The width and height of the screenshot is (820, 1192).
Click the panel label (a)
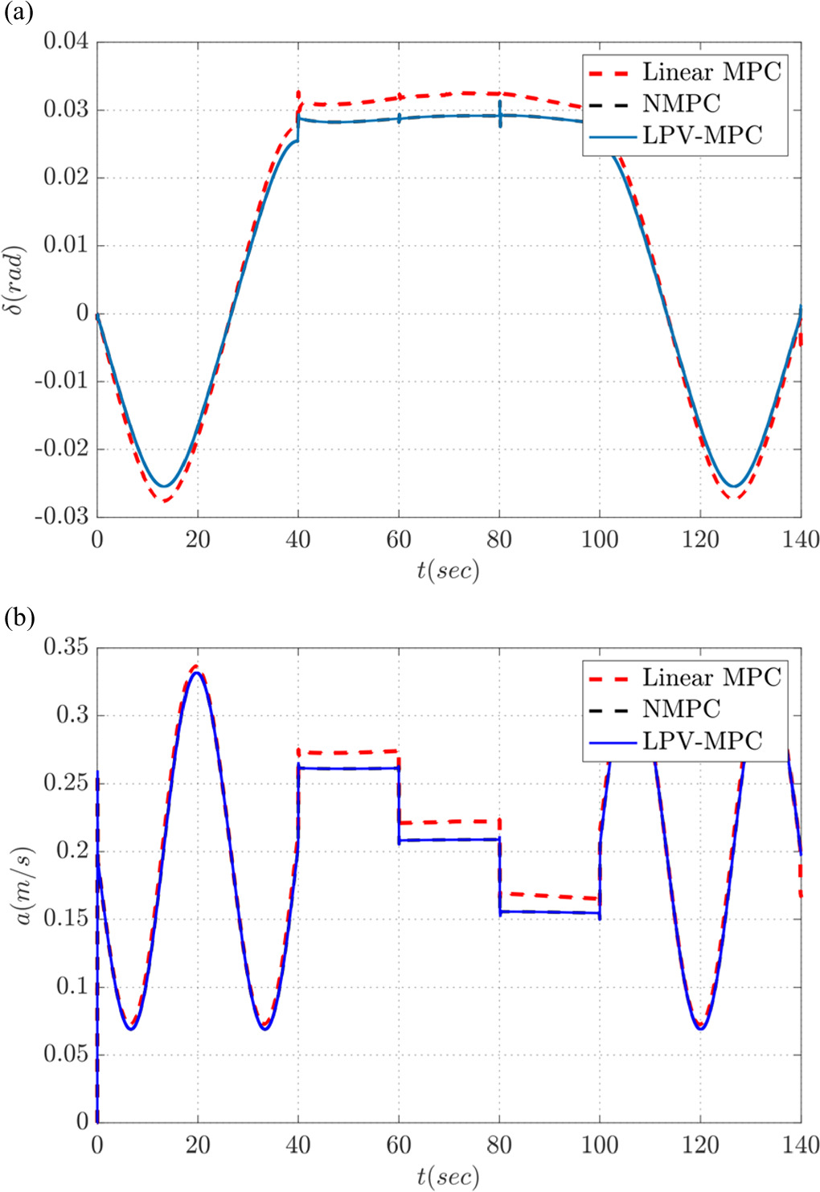[x=18, y=13]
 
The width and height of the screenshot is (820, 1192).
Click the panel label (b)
[x=18, y=619]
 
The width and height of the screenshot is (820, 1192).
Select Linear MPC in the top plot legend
[x=711, y=72]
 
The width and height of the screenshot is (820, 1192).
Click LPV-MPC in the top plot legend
[x=702, y=136]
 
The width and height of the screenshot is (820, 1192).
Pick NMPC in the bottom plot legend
[x=681, y=709]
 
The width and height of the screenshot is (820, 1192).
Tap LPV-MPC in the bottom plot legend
[x=702, y=740]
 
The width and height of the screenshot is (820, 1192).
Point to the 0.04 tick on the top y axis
[x=66, y=42]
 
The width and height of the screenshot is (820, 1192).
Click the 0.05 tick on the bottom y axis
[x=66, y=1054]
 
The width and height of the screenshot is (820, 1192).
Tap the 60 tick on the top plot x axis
[x=399, y=539]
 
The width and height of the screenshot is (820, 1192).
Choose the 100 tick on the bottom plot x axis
[x=600, y=1145]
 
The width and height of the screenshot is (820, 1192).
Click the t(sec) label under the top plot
[x=448, y=571]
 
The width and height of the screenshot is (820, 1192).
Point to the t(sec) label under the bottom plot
[x=448, y=1177]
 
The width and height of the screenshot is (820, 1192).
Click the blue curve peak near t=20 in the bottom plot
[x=197, y=673]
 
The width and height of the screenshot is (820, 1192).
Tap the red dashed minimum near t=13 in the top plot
[x=165, y=501]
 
